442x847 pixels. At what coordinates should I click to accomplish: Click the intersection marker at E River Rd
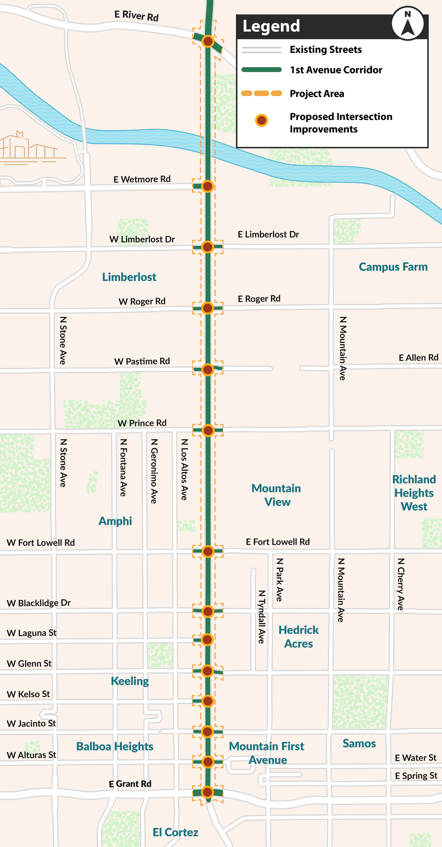pyautogui.click(x=208, y=41)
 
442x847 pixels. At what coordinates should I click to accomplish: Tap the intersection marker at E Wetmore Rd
pyautogui.click(x=207, y=186)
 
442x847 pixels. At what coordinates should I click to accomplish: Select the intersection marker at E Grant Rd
pyautogui.click(x=207, y=792)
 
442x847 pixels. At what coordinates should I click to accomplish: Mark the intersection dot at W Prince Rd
pyautogui.click(x=208, y=430)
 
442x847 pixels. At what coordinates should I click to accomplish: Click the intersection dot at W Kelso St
pyautogui.click(x=207, y=701)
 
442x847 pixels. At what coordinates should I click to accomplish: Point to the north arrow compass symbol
pyautogui.click(x=407, y=24)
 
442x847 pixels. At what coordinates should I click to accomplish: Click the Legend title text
pyautogui.click(x=271, y=26)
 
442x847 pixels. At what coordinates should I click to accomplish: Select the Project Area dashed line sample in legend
pyautogui.click(x=262, y=93)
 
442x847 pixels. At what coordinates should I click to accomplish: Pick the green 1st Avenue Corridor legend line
pyautogui.click(x=262, y=70)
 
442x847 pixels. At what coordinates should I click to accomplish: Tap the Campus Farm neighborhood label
pyautogui.click(x=393, y=267)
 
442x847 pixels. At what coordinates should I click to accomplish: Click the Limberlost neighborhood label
pyautogui.click(x=129, y=277)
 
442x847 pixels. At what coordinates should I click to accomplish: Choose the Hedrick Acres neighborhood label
pyautogui.click(x=298, y=637)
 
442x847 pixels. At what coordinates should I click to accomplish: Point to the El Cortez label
pyautogui.click(x=175, y=832)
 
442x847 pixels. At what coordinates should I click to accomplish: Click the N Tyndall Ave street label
pyautogui.click(x=262, y=617)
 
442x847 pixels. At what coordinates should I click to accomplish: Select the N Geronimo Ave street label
pyautogui.click(x=154, y=471)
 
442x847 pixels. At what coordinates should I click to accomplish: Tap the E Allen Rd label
pyautogui.click(x=418, y=357)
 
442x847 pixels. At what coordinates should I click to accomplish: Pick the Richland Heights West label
pyautogui.click(x=414, y=493)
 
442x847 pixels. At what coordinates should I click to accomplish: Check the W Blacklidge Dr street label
pyautogui.click(x=39, y=603)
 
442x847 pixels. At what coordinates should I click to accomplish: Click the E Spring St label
pyautogui.click(x=416, y=775)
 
